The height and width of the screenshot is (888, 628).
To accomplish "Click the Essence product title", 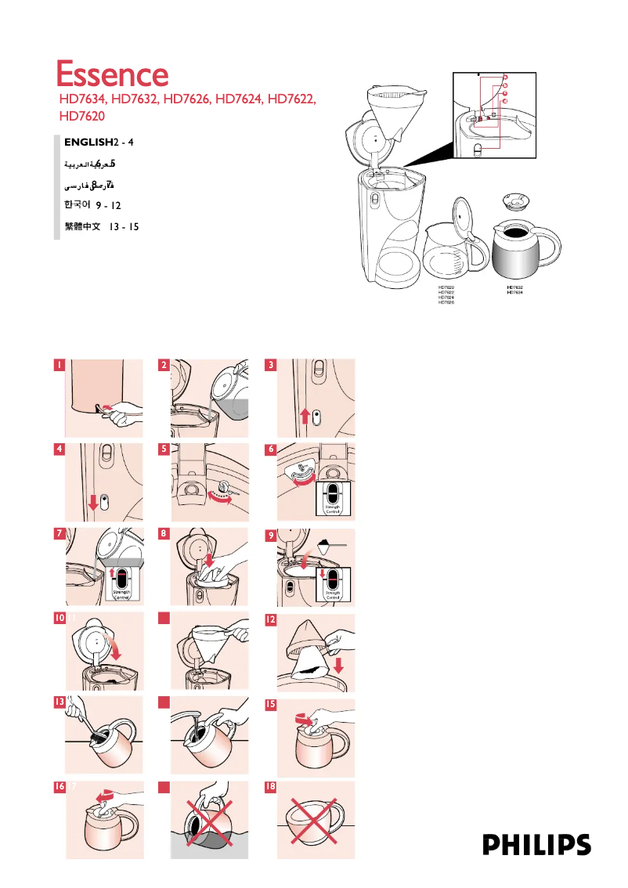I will tap(112, 75).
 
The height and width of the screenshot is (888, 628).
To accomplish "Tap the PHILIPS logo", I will tap(536, 844).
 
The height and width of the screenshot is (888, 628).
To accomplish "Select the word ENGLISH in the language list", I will tap(88, 142).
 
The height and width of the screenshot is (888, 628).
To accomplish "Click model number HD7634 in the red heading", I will tap(84, 99).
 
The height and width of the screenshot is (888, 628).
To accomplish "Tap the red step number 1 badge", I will tap(59, 365).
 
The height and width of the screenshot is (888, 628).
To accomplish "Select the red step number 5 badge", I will tap(164, 449).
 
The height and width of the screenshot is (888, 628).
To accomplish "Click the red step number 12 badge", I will tap(270, 619).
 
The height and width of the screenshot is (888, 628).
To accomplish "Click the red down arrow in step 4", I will tap(93, 501).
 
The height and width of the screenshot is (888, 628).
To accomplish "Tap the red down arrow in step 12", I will tap(339, 665).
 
